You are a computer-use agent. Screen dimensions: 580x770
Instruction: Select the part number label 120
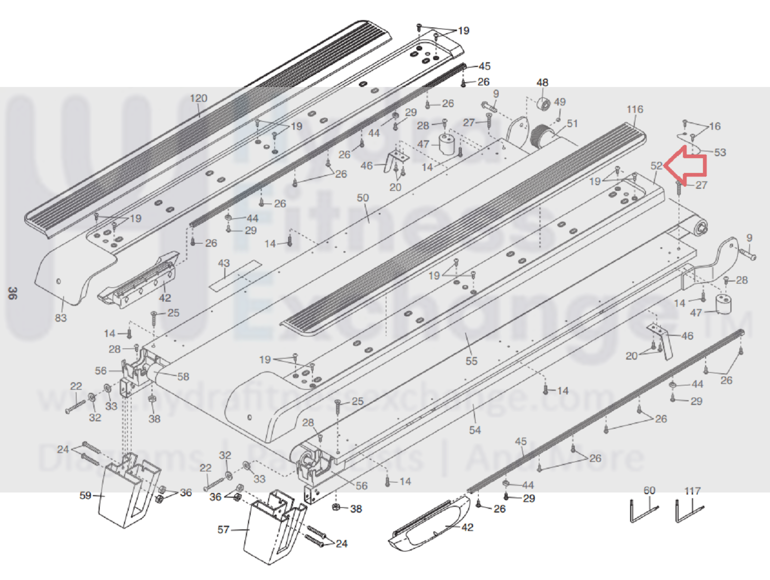click(x=199, y=99)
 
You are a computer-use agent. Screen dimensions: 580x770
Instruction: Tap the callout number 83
click(x=61, y=318)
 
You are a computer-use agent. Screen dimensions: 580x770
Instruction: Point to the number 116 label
click(x=635, y=109)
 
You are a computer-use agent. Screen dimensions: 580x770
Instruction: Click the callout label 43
click(x=224, y=263)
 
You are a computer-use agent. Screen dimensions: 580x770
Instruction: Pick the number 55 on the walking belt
click(x=471, y=361)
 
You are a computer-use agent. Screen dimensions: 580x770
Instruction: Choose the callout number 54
click(x=475, y=430)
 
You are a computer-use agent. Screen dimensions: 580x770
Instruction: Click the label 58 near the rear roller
click(x=183, y=377)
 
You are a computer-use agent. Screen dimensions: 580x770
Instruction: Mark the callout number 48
click(x=542, y=83)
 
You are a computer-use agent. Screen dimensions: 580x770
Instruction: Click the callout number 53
click(x=720, y=153)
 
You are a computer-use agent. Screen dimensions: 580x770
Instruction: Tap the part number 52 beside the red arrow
click(x=656, y=166)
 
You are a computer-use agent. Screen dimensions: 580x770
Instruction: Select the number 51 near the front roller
click(x=572, y=123)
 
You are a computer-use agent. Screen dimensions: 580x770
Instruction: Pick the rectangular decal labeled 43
click(x=236, y=275)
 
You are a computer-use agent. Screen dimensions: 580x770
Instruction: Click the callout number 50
click(x=363, y=198)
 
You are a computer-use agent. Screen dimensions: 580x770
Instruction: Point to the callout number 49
click(x=560, y=102)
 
